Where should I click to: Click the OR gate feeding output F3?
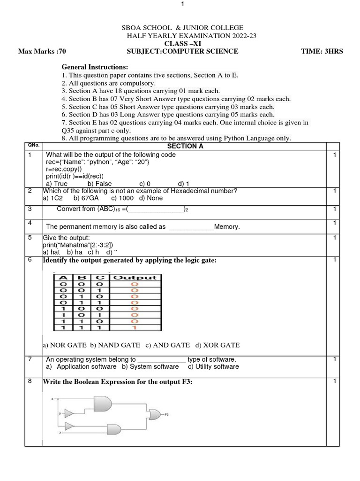[154, 414]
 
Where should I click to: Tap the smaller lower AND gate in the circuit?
[113, 429]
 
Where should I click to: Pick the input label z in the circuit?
[60, 432]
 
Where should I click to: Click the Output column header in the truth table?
[135, 277]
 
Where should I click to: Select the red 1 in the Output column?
[135, 327]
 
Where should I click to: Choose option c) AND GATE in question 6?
[167, 345]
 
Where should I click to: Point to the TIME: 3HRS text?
[322, 51]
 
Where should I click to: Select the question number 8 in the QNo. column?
[30, 381]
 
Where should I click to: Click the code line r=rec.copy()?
[63, 169]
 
